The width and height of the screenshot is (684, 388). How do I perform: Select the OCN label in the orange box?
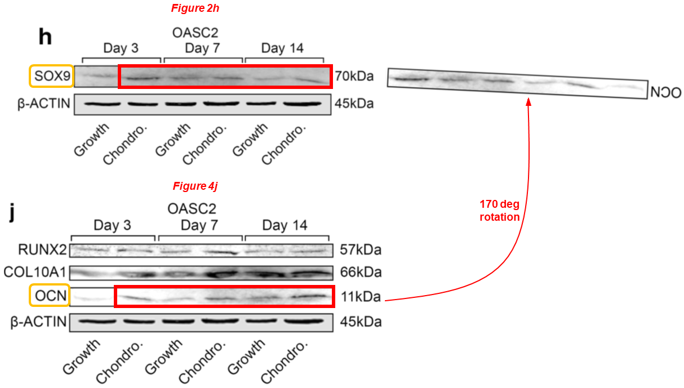click(x=48, y=296)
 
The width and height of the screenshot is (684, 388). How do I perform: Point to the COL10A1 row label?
click(x=35, y=273)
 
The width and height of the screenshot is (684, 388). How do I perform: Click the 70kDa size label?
click(x=354, y=77)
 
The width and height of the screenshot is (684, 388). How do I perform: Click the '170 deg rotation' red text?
click(x=499, y=211)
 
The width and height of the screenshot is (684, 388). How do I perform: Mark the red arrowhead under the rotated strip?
click(x=528, y=101)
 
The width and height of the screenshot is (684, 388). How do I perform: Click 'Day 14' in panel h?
click(x=282, y=48)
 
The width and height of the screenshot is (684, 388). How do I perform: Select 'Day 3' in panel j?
click(x=113, y=226)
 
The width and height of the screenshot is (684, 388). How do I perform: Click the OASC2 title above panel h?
click(x=194, y=33)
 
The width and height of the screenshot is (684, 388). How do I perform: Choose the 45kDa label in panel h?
click(x=354, y=104)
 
